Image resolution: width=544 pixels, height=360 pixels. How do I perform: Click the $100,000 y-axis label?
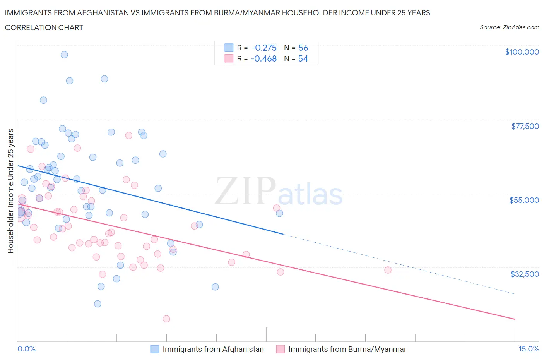(522, 52)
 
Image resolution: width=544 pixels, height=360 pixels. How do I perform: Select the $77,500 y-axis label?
(525, 126)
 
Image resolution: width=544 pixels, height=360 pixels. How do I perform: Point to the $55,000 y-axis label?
(524, 200)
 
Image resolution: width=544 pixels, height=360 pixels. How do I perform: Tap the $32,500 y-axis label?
(524, 274)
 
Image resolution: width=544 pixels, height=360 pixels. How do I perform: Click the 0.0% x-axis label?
(26, 349)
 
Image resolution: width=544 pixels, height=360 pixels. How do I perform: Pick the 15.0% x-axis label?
(529, 349)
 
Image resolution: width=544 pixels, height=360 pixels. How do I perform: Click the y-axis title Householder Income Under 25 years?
(10, 191)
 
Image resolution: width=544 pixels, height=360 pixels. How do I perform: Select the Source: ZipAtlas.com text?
(509, 27)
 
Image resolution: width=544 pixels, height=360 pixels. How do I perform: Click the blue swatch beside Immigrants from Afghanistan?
(155, 349)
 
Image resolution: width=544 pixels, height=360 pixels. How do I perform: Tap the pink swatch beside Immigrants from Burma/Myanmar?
(281, 349)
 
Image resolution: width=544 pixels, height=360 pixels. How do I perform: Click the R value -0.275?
(264, 48)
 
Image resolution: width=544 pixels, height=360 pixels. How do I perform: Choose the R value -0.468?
(264, 58)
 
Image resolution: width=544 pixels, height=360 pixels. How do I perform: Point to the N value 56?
(303, 48)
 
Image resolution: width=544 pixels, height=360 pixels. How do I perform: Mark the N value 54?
(303, 58)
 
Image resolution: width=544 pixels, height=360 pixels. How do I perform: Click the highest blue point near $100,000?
(64, 55)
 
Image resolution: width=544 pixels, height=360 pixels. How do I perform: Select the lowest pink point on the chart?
(166, 319)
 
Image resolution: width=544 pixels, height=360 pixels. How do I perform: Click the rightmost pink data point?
(388, 270)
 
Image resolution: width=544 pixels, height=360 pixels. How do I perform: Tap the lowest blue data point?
(98, 304)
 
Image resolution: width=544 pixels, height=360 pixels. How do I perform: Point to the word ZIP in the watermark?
(245, 190)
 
